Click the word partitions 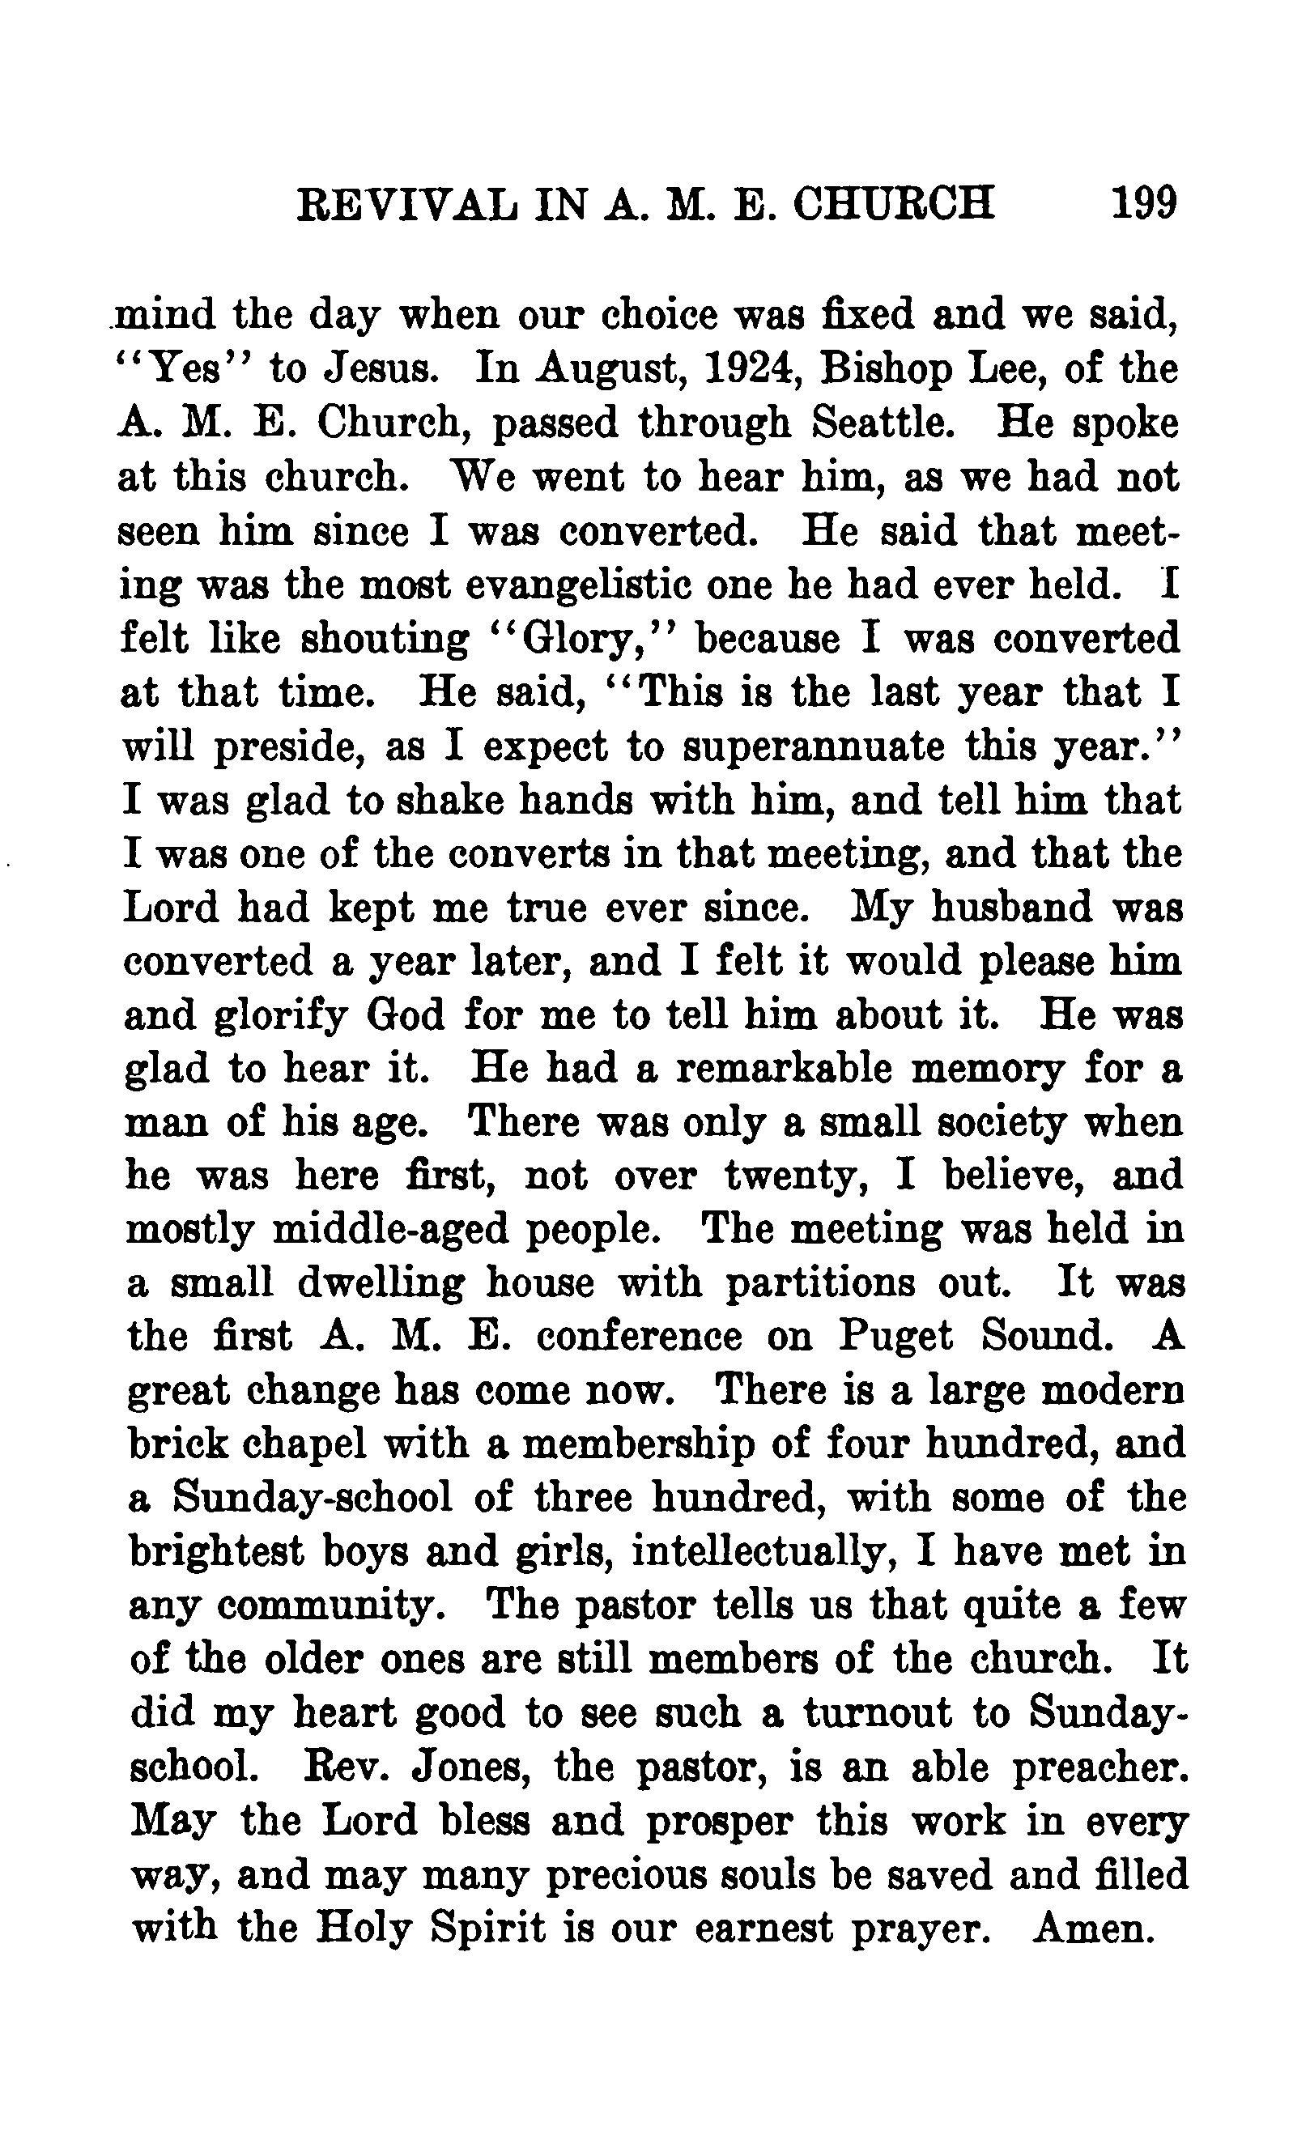click(819, 1283)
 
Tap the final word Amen click(1095, 1929)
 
